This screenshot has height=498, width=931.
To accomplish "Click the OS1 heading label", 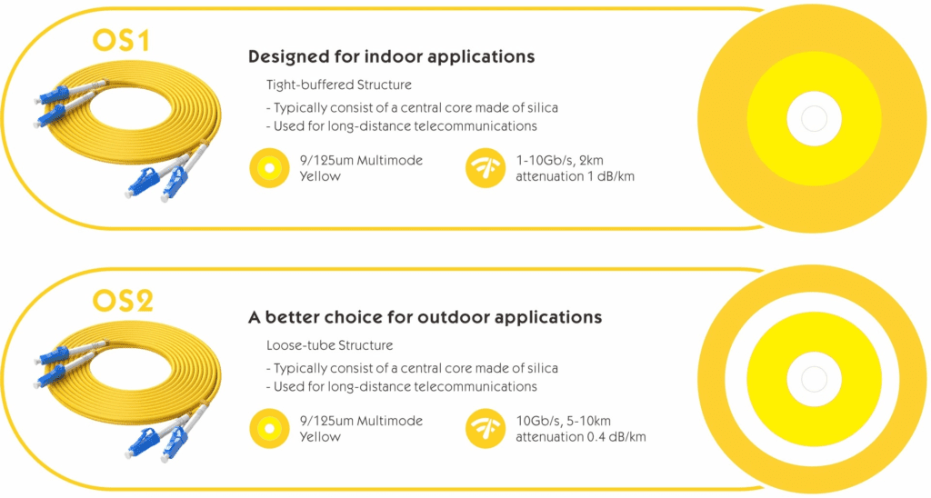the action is (x=121, y=40).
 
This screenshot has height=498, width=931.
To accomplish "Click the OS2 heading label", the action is (x=123, y=301).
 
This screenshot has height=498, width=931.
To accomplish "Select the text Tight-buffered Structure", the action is (x=339, y=85).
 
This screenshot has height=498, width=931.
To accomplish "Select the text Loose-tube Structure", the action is (x=329, y=345).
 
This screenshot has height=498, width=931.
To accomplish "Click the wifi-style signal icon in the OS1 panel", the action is (x=486, y=168).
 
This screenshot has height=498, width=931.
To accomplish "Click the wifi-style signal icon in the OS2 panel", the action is (x=486, y=429).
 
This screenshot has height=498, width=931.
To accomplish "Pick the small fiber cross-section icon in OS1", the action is (x=269, y=168).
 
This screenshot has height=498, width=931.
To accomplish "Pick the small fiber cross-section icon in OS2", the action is (x=269, y=429).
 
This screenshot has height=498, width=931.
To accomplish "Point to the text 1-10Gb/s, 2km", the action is (x=559, y=160).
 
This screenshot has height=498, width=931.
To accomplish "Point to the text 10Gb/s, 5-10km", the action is (x=563, y=421).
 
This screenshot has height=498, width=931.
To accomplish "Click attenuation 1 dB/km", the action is (x=575, y=176).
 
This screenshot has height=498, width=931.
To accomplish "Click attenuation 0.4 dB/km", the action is (x=581, y=437).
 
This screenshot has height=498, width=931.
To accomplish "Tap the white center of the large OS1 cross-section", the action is (x=814, y=119).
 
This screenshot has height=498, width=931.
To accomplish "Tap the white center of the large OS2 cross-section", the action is (x=814, y=379).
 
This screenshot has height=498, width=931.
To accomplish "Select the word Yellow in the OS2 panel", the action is (x=320, y=437).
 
